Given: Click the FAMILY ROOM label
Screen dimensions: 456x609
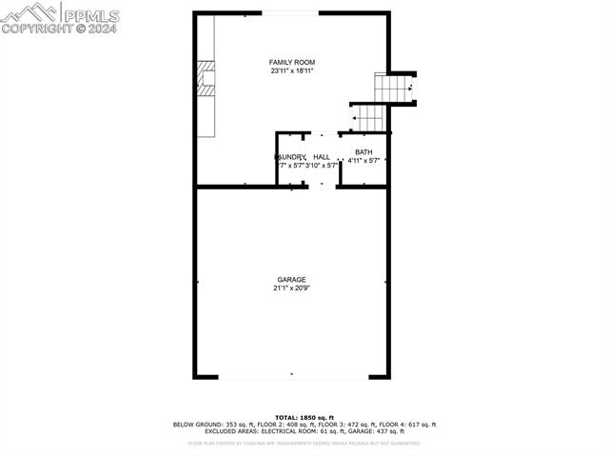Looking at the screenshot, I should pos(291,62).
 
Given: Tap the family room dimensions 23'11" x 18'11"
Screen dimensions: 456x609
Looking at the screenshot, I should pos(291,70).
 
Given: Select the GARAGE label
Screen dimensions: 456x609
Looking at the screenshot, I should pos(291,279).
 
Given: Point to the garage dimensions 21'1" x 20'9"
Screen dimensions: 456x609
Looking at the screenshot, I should pos(291,287).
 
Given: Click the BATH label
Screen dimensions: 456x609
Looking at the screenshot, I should pos(363,152).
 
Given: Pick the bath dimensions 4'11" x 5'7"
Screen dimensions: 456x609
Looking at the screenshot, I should pos(363,161).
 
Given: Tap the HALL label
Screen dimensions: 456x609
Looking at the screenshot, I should pos(322,157).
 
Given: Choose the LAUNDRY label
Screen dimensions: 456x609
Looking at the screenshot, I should pos(290,157).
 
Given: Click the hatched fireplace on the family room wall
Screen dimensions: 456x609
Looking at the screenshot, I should pos(206,78).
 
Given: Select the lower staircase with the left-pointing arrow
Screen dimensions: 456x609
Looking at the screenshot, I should pos(370,118).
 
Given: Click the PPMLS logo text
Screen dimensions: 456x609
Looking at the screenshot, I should pos(91,13).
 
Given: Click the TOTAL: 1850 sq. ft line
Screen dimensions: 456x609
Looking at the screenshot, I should pos(304,418).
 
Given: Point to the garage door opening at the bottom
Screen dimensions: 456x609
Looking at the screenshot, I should pos(291,376).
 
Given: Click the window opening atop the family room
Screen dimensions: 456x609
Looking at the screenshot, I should pos(291,12).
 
